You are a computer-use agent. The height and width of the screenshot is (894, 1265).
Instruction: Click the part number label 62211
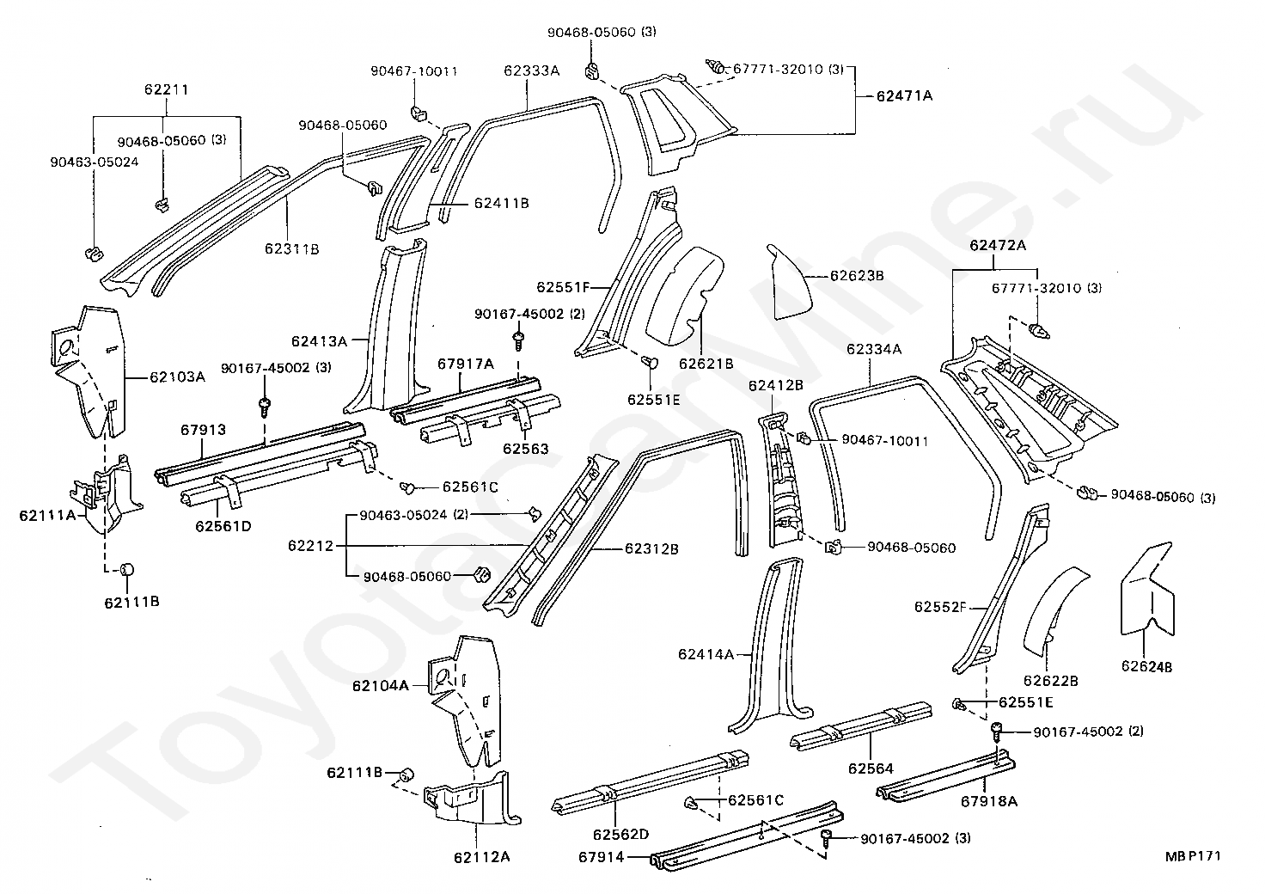coord(166,89)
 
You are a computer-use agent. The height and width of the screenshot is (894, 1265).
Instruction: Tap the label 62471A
coord(904,96)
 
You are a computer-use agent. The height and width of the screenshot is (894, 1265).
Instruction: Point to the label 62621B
coord(706,364)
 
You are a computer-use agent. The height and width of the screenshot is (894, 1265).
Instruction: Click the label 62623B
coord(857,276)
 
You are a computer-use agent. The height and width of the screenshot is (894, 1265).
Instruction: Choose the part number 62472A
coord(998,245)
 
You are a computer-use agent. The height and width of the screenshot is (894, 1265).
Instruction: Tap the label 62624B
coord(1147,666)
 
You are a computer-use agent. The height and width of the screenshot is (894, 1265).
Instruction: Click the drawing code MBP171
coord(1193,855)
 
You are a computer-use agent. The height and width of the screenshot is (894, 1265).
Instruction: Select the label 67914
coord(601,857)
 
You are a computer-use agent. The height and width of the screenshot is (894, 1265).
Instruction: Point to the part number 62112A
coord(482,857)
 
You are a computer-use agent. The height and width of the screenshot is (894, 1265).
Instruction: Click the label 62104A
coord(380,686)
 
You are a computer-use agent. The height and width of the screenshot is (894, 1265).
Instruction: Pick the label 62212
coord(310,546)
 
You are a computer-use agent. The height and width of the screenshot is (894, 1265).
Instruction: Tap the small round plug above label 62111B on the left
coord(127,569)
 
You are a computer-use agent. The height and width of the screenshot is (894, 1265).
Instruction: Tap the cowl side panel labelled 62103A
coord(89,371)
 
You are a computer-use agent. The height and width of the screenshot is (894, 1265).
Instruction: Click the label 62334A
coord(874,350)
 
